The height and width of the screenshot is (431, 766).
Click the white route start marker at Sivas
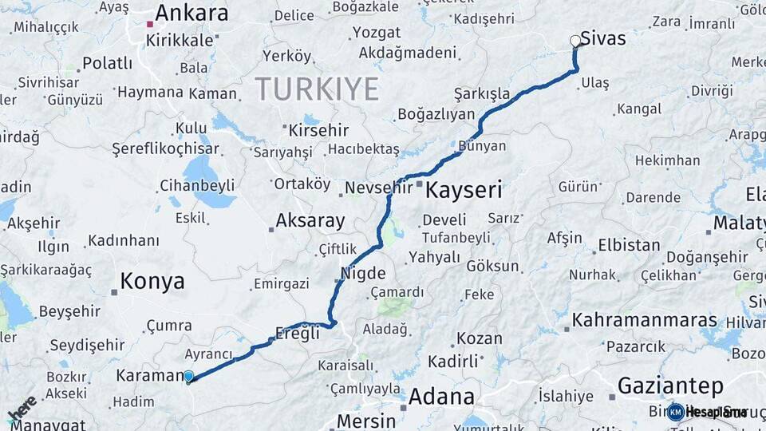coord(575,41)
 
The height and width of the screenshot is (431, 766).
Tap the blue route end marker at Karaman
coord(188,377)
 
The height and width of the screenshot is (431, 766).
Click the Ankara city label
coord(191,14)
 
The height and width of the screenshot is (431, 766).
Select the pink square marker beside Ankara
coord(149,24)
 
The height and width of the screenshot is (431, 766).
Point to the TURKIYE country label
coord(317,89)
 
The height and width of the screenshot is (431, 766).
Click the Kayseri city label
coord(464,190)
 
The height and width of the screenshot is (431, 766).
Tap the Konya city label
coord(152,281)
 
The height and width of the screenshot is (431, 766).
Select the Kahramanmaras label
coord(645,321)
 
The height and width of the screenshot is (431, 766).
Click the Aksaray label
coord(310,221)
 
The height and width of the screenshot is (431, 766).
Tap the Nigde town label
coord(364,273)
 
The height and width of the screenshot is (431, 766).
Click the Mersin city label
coord(366,421)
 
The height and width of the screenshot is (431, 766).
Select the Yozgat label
coord(376,33)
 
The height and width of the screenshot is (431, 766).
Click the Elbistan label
coord(629,245)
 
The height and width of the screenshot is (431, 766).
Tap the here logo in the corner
coord(22,409)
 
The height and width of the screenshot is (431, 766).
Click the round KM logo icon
coord(675,413)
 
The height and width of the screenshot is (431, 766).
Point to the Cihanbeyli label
coord(197,185)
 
